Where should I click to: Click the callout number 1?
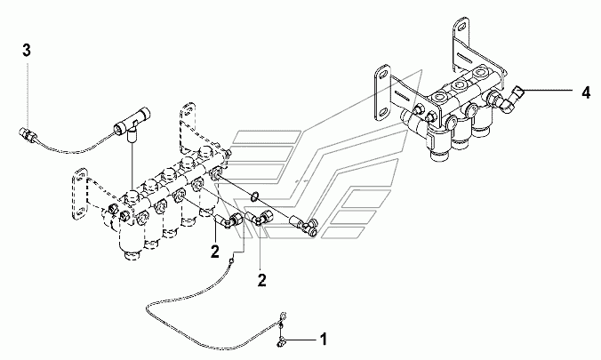click(x=324, y=339)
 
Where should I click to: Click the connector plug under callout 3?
click(x=29, y=137)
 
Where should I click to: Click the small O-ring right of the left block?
click(x=256, y=194)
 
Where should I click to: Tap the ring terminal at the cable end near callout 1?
click(x=282, y=313)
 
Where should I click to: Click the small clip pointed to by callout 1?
click(x=279, y=339)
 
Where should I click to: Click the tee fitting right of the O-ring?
click(x=309, y=228)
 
